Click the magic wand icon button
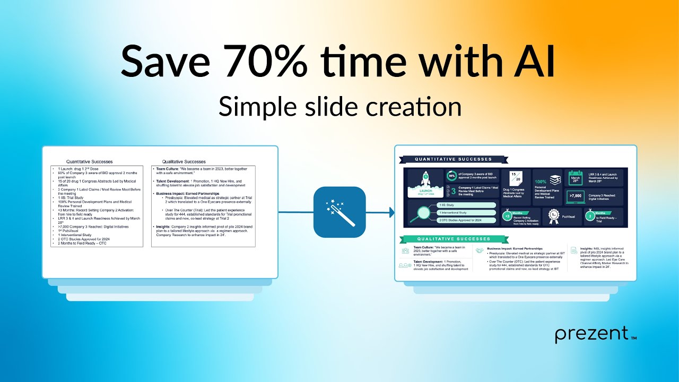[339, 212]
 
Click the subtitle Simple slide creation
[339, 107]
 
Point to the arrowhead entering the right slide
[391, 212]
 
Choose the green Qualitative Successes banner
[452, 239]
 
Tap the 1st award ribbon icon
[553, 215]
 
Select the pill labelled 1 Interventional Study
[466, 212]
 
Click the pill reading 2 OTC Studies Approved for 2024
[466, 220]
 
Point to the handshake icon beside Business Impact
[480, 250]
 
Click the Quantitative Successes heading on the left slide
[89, 161]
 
